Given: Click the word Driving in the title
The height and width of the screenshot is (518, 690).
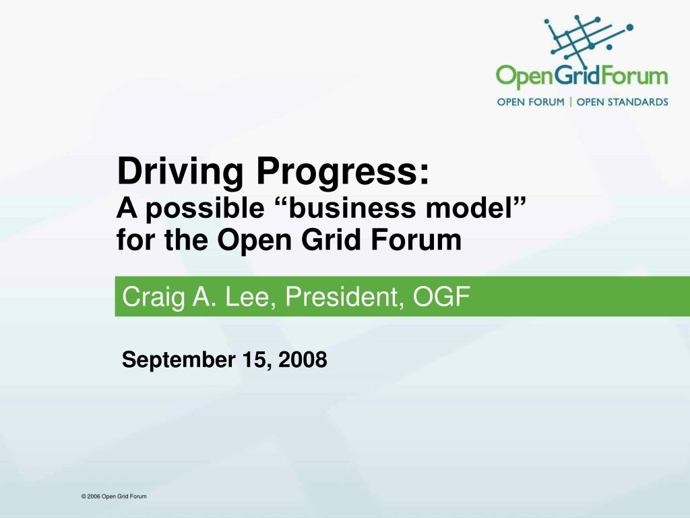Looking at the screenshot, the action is [180, 172].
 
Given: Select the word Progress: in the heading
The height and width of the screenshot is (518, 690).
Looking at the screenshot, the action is [342, 172].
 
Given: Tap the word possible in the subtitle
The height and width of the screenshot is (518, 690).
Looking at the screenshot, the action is [205, 208].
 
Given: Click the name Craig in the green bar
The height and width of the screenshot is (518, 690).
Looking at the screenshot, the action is [154, 297].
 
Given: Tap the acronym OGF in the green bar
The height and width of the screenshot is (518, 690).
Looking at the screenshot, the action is [441, 297].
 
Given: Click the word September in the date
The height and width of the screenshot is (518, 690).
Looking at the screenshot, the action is [179, 360].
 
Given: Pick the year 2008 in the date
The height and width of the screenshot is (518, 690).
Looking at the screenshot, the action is [303, 359].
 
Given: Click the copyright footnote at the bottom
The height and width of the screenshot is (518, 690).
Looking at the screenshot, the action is [114, 496].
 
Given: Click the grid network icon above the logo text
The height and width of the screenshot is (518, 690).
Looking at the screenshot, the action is [588, 39].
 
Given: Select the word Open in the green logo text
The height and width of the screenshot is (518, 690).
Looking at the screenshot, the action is [524, 76].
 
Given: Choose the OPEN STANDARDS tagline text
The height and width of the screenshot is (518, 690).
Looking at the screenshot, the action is [622, 103].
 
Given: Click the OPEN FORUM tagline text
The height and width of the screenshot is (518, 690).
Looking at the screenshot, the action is [531, 103].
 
